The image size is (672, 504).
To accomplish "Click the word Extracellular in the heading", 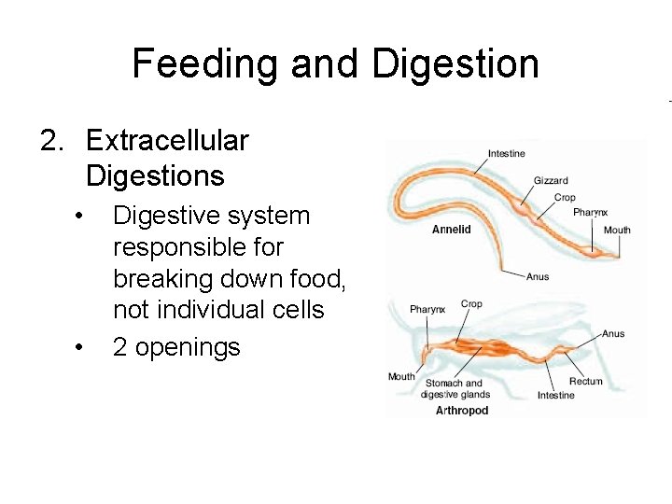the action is [167, 141].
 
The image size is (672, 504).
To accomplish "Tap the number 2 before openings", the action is [120, 347].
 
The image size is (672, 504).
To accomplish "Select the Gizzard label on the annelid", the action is [550, 181].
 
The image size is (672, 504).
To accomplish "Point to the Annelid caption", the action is [452, 230].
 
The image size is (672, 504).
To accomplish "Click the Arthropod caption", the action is [462, 411].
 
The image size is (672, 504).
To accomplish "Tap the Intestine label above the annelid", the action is [506, 153].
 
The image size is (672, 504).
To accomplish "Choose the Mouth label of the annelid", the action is [617, 230].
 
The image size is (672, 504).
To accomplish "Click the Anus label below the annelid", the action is [538, 276].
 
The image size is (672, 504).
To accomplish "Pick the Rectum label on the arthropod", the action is [585, 381].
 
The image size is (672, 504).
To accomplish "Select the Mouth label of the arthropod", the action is [401, 377].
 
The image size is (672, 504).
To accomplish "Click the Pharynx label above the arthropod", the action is [427, 309].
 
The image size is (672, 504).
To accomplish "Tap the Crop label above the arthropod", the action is [471, 304].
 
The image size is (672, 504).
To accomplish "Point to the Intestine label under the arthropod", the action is [555, 396].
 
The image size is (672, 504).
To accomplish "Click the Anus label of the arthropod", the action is [613, 334].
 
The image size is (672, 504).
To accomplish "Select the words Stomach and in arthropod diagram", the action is [455, 383].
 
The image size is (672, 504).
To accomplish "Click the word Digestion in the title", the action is [455, 63].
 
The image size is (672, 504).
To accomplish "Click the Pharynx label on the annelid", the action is [590, 213].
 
